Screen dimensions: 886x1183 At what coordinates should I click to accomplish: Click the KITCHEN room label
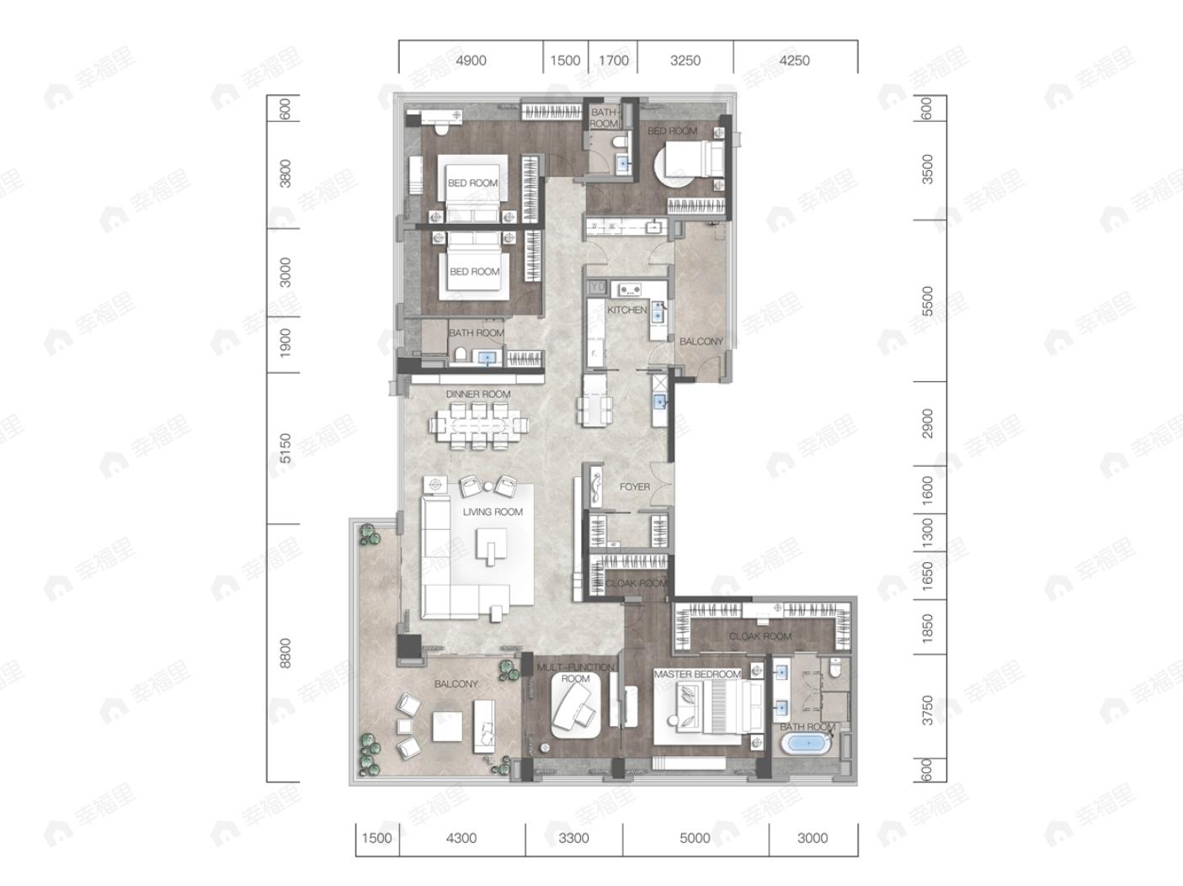click(x=626, y=310)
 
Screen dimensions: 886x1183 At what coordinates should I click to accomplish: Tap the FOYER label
click(x=634, y=487)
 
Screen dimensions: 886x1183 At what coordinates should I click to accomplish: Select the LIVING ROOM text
click(x=493, y=512)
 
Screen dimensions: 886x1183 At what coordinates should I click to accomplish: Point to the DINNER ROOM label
click(x=477, y=394)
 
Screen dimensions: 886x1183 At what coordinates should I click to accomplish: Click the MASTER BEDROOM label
click(x=696, y=675)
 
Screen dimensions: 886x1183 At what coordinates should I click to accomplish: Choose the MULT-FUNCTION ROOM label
click(x=576, y=672)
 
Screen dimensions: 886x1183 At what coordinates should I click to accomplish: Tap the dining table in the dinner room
click(x=478, y=426)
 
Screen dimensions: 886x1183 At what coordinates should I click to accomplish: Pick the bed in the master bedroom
click(x=717, y=706)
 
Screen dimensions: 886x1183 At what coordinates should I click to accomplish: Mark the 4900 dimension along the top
click(x=471, y=61)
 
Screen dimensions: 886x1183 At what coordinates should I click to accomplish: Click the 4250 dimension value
click(x=794, y=61)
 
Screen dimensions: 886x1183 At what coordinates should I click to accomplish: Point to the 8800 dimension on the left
click(x=285, y=653)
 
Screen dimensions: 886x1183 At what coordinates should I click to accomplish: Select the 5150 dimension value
click(x=285, y=448)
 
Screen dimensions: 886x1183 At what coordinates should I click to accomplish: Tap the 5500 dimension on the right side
click(x=928, y=300)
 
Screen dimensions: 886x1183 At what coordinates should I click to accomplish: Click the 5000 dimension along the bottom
click(x=695, y=838)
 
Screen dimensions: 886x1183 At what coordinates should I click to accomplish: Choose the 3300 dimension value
click(x=573, y=838)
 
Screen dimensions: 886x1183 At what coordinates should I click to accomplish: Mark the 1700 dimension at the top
click(x=613, y=61)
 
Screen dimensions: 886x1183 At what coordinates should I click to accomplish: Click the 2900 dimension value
click(x=928, y=422)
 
